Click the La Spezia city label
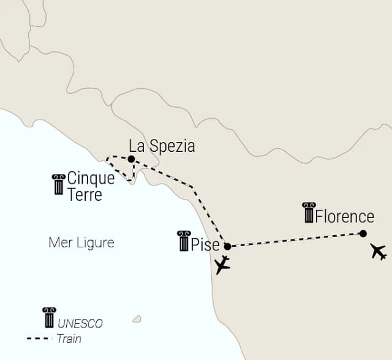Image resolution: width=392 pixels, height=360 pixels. click(162, 146)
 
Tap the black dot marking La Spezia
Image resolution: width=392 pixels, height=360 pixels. click(131, 159)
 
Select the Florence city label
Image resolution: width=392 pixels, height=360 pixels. click(345, 217)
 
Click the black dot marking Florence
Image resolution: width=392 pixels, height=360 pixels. click(363, 233)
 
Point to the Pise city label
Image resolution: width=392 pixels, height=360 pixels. click(205, 245)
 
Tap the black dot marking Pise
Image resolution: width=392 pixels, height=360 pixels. click(228, 247)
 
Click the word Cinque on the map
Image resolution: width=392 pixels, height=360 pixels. click(91, 179)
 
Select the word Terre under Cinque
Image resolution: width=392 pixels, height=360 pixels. click(85, 195)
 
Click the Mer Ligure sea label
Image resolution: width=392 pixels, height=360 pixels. click(81, 243)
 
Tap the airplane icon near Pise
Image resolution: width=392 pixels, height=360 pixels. click(222, 264)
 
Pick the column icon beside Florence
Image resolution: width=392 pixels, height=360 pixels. click(309, 213)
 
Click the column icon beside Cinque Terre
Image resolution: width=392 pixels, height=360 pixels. click(59, 184)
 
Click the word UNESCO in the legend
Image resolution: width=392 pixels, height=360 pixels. click(81, 324)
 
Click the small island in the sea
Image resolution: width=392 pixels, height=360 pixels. click(137, 319)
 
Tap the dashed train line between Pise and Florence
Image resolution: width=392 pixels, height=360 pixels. click(294, 240)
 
